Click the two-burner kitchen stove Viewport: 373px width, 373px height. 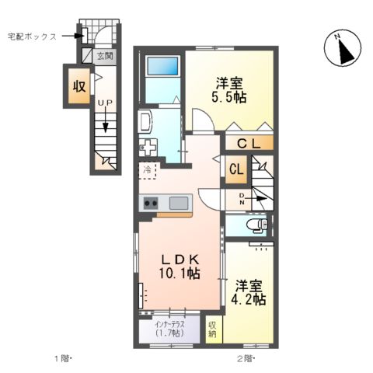(x=150, y=204)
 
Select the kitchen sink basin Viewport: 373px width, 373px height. (x=179, y=204)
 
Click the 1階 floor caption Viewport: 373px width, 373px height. (x=62, y=358)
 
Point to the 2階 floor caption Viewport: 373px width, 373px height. (x=246, y=358)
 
